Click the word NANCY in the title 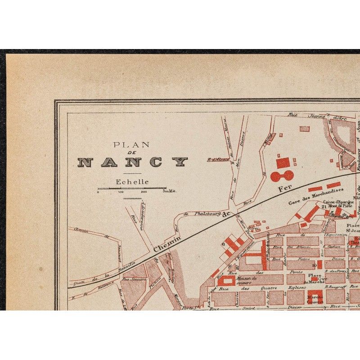(x=133, y=162)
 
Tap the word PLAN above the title (x=131, y=145)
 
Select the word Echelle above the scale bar (x=132, y=182)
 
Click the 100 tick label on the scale (x=121, y=192)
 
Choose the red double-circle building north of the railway (x=282, y=175)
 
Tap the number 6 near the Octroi (x=223, y=244)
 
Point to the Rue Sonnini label (x=130, y=279)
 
